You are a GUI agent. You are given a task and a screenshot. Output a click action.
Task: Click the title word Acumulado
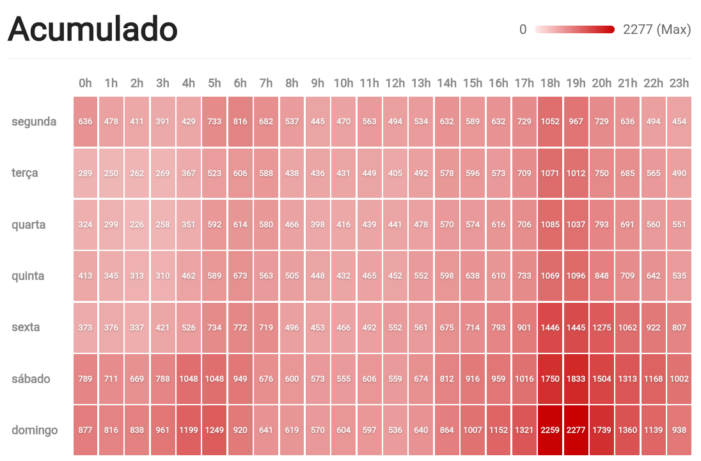93,29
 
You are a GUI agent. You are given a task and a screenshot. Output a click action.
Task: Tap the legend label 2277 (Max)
657,29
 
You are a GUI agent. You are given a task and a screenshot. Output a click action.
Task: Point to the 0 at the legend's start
523,29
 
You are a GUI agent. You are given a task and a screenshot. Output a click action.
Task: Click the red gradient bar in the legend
574,29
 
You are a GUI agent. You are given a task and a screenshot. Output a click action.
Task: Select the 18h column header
550,83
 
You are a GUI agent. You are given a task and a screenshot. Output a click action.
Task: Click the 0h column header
85,83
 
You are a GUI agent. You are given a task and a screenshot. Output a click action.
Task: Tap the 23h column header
679,83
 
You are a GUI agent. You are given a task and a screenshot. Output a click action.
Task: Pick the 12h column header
395,83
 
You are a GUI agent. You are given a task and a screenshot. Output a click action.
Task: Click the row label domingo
35,430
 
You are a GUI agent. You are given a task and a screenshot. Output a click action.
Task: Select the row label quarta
29,225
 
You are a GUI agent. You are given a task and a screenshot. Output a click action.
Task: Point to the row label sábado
31,378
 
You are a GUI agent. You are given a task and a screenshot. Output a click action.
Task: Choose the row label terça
25,173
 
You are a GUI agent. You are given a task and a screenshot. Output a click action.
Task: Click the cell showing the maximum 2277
576,430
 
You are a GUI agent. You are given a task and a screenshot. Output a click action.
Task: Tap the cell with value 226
137,225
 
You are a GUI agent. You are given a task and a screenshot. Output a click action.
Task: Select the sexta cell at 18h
550,327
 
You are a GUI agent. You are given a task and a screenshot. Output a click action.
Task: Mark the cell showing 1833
576,378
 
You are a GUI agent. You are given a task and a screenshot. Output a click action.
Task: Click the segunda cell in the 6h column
240,122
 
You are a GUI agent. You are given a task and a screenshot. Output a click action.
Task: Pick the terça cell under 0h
85,173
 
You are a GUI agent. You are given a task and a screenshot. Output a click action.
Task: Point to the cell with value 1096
576,276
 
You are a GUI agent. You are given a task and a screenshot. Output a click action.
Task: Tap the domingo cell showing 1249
214,430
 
